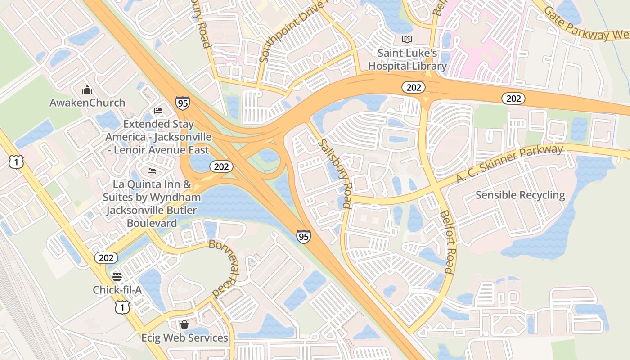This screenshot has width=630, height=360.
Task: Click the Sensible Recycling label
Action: tap(520, 195)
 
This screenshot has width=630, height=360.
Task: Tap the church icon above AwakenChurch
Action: tap(87, 90)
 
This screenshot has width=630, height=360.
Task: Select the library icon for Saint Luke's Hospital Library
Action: tap(407, 40)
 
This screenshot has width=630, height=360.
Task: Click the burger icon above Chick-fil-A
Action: tap(117, 276)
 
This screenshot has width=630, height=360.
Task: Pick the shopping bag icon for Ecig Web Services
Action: tap(184, 324)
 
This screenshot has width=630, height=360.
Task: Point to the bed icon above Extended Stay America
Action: tap(158, 110)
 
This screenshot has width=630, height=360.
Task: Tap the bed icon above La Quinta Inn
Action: tap(152, 171)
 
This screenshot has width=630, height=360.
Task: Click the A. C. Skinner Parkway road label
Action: tap(509, 164)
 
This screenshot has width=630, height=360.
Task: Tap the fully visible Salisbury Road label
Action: tap(334, 174)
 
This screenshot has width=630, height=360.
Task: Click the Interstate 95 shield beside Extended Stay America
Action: tap(183, 103)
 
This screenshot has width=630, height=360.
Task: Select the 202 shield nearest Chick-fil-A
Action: tap(106, 258)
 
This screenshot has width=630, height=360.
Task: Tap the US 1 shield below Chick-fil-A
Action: tap(122, 307)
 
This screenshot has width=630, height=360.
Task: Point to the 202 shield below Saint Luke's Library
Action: tap(413, 88)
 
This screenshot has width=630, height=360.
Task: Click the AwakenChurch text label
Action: tap(87, 103)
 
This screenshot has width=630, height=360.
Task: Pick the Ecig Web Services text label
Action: tap(184, 337)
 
